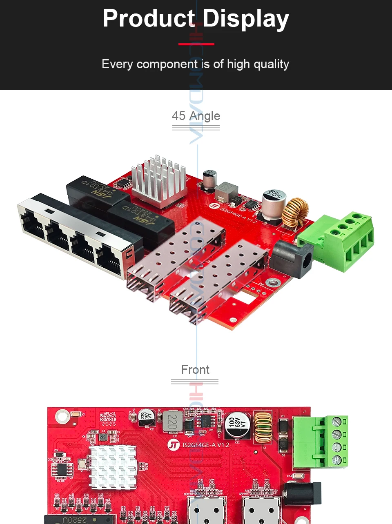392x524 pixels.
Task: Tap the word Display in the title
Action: point(245,19)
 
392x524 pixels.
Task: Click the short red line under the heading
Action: point(196,44)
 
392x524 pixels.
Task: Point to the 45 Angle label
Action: point(196,116)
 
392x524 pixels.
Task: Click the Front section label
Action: point(195,370)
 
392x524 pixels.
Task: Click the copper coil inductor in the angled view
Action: point(295,211)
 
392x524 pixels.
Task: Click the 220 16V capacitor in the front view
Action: point(146,417)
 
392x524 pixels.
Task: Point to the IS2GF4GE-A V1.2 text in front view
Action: point(205,445)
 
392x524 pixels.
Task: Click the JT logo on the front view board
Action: point(174,445)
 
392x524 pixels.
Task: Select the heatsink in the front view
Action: point(113,466)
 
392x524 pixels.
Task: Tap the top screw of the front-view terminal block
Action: point(336,422)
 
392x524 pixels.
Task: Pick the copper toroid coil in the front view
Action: point(263,427)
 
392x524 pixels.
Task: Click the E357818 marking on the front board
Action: point(108,419)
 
